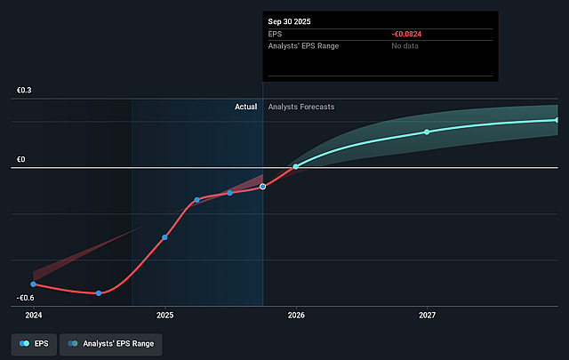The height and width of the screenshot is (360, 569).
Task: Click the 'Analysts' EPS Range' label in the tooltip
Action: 303,46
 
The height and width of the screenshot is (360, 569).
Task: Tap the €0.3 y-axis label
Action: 23,91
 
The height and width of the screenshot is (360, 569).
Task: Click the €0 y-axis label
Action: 20,159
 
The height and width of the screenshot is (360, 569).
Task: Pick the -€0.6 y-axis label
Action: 25,298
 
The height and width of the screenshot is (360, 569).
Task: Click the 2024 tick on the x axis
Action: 33,315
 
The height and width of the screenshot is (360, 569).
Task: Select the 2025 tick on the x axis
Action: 164,315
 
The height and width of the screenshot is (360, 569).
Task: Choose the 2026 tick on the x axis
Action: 296,315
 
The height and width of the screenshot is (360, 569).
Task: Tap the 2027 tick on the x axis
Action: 428,315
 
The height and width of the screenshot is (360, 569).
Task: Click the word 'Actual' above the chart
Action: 245,107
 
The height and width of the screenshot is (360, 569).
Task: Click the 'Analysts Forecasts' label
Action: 301,107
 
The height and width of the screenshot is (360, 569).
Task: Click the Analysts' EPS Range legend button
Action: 111,343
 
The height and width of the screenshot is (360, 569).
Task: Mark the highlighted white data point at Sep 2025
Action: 262,187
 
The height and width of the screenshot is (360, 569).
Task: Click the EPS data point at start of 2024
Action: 33,284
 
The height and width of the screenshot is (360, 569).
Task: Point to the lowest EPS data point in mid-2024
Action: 99,293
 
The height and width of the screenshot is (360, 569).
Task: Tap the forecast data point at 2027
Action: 427,132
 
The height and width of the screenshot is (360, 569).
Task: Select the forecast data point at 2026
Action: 296,166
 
